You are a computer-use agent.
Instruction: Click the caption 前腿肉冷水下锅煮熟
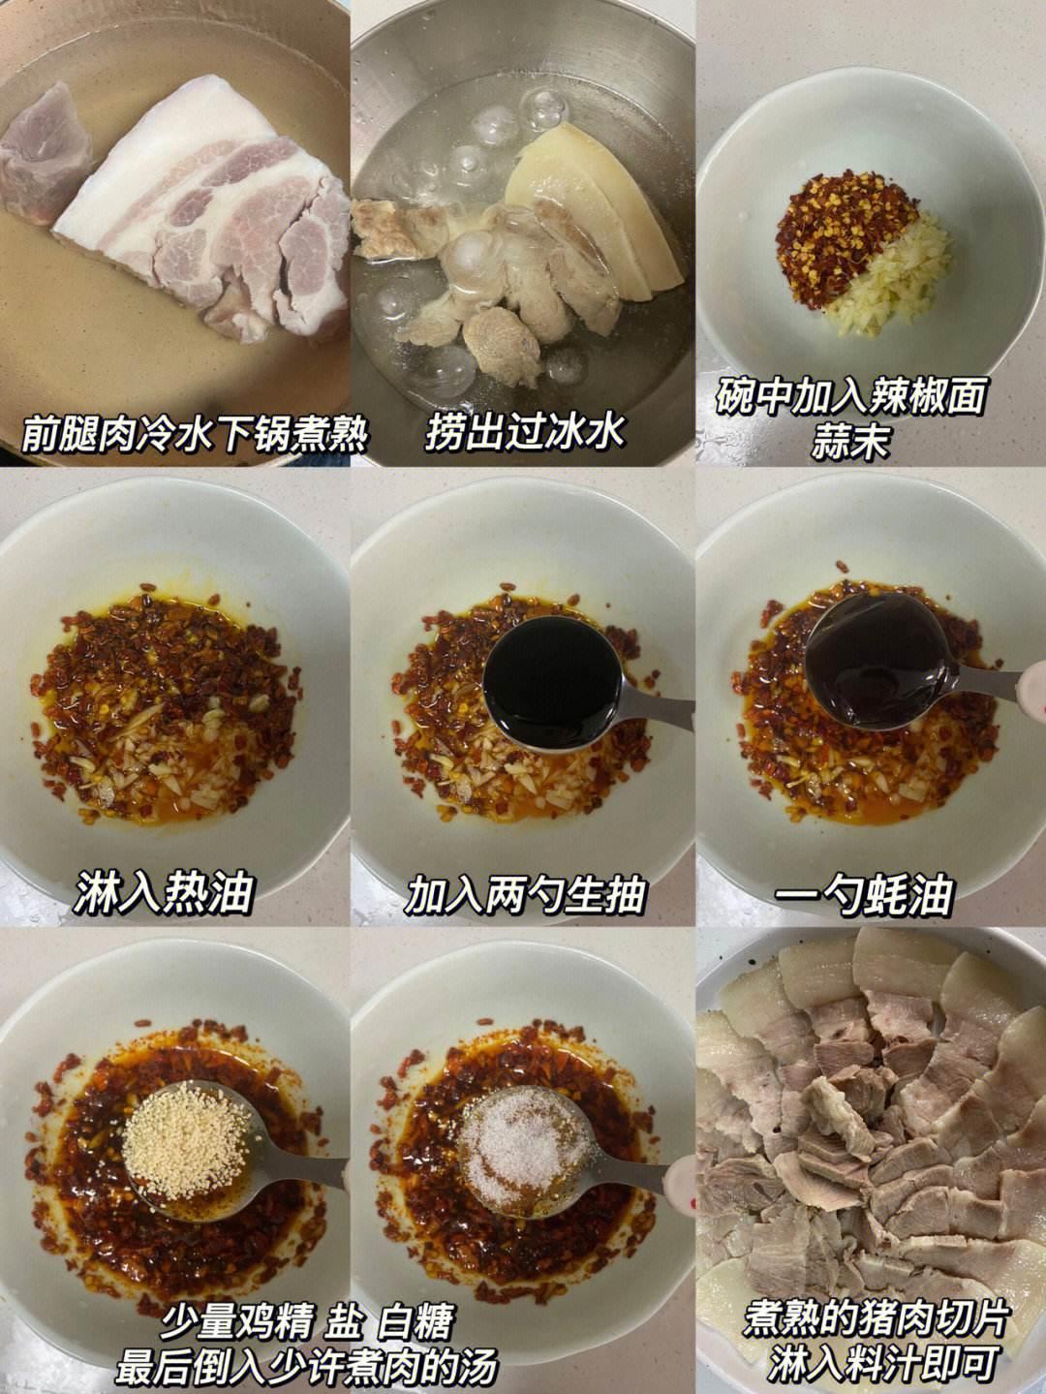[195, 434]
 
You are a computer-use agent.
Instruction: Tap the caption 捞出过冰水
[525, 432]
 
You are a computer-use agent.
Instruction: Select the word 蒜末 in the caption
[849, 441]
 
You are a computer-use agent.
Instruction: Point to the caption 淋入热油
[163, 893]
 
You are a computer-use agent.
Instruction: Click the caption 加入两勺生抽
[525, 894]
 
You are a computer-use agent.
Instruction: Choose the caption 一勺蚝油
[864, 894]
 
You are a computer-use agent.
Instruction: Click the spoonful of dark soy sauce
[553, 683]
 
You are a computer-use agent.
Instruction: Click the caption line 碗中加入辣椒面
[850, 397]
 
